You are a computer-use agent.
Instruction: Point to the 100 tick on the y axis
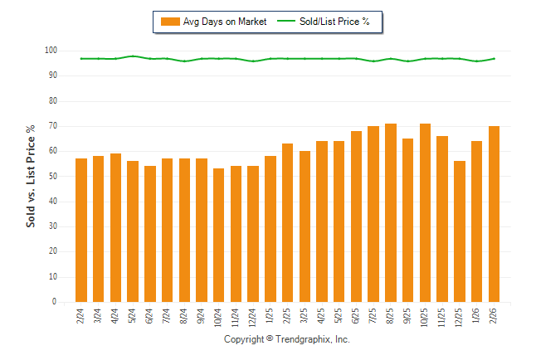51,51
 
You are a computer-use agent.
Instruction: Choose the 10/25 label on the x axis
425,318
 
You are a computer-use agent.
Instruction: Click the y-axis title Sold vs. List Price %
32,176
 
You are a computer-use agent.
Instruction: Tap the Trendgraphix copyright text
286,340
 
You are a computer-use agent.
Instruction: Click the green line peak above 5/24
133,56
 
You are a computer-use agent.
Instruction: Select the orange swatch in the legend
169,22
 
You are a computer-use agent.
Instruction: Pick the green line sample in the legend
288,22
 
